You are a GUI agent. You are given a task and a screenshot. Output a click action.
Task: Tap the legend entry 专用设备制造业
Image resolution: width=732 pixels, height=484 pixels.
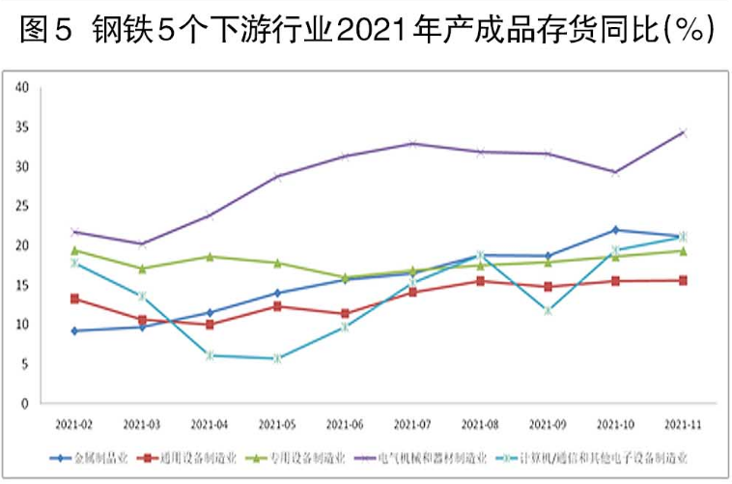[x=305, y=457]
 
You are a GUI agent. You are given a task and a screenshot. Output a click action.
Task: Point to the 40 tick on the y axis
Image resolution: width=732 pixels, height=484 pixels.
[x=22, y=87]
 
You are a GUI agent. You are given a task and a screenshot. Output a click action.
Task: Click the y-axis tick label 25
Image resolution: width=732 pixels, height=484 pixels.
[x=22, y=206]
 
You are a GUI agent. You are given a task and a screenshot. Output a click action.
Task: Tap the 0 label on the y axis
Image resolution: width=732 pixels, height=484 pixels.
[x=26, y=403]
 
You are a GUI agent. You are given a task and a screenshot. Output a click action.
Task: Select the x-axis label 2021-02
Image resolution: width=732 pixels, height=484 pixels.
[x=74, y=424]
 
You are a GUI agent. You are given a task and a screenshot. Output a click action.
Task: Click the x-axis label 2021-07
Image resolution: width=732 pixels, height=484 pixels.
[x=412, y=424]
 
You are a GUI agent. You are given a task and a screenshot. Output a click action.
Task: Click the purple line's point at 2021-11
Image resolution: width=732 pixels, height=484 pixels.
[x=682, y=132]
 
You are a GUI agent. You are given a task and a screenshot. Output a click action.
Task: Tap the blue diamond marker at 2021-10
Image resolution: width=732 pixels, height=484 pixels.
[x=615, y=230]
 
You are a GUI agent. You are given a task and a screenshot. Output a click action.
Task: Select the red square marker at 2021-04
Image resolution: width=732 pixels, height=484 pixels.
[x=210, y=325]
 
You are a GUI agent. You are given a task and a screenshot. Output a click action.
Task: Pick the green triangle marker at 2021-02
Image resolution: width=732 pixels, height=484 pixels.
[x=74, y=250]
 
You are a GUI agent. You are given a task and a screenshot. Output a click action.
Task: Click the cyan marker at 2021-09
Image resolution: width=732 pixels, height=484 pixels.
[x=548, y=310]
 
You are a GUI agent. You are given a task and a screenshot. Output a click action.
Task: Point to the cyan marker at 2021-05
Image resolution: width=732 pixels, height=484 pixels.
[x=277, y=358]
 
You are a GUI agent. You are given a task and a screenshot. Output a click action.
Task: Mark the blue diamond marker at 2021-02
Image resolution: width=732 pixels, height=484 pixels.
[x=74, y=330]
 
